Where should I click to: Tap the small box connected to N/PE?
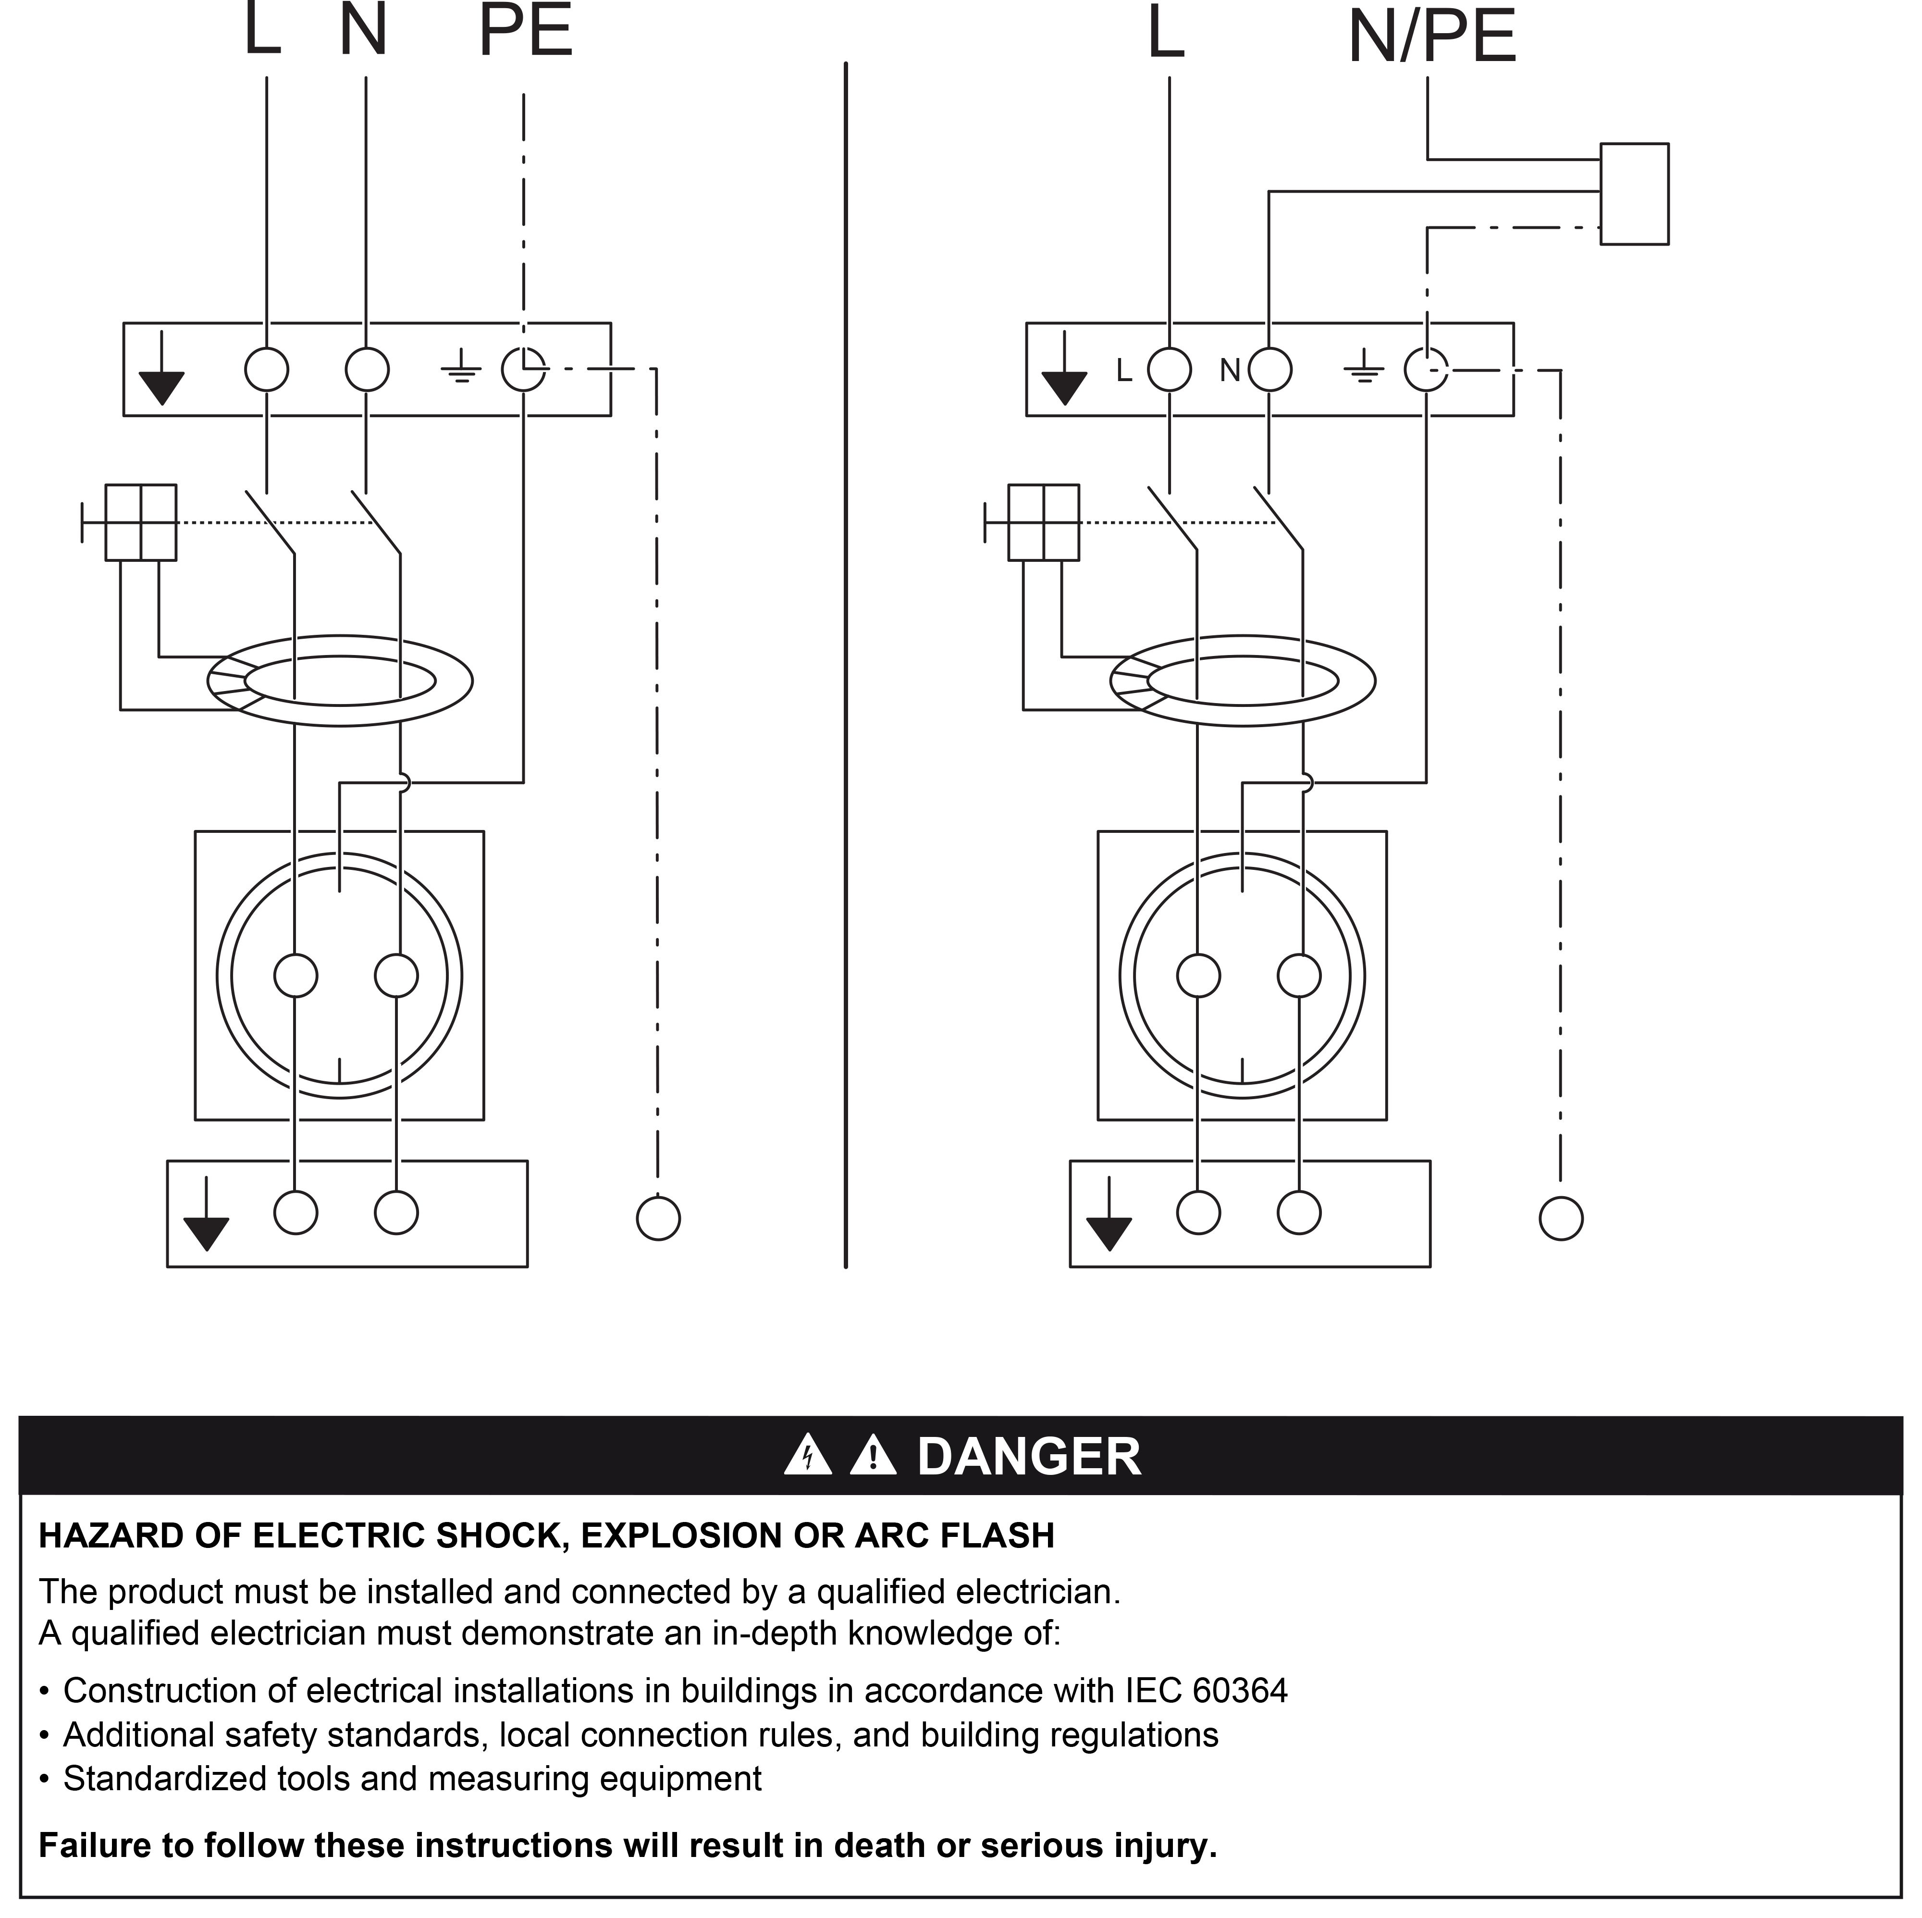pyautogui.click(x=1635, y=194)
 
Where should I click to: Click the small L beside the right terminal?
pyautogui.click(x=1124, y=371)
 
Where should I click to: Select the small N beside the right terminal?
pyautogui.click(x=1231, y=371)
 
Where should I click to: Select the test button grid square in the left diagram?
pyautogui.click(x=141, y=522)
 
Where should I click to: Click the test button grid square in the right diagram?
pyautogui.click(x=1044, y=522)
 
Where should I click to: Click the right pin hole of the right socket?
pyautogui.click(x=1299, y=976)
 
